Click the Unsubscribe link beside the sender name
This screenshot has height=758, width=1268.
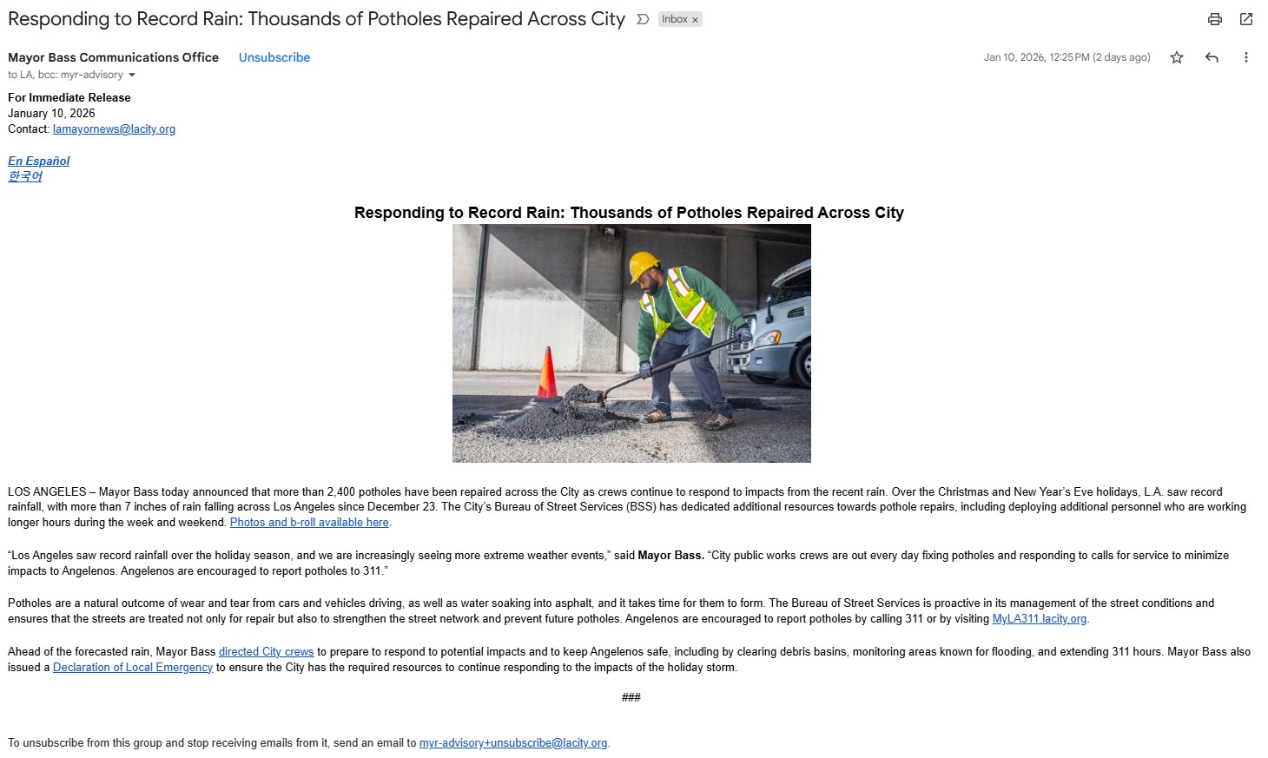point(274,57)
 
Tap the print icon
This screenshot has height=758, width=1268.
point(1215,19)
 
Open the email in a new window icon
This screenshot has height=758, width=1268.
point(1246,19)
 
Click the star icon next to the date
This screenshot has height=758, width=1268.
point(1177,57)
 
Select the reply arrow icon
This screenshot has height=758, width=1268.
point(1212,57)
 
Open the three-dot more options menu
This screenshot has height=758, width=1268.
point(1245,57)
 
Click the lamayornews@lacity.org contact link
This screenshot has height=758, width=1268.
point(114,129)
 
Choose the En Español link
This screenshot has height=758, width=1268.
point(39,161)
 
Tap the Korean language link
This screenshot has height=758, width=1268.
point(25,176)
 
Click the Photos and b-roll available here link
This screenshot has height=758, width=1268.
point(309,523)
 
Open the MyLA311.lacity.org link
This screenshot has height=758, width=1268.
point(1039,619)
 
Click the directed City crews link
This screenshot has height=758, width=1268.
point(266,652)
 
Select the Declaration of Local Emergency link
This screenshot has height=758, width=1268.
point(133,668)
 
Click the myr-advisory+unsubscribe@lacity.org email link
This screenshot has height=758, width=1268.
point(513,743)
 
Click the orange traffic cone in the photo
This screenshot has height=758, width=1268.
point(548,374)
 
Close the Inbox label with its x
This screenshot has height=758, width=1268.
point(695,20)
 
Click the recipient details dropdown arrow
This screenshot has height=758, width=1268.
point(132,75)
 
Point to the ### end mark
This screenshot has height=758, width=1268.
point(631,697)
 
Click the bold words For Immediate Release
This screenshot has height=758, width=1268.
point(69,98)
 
